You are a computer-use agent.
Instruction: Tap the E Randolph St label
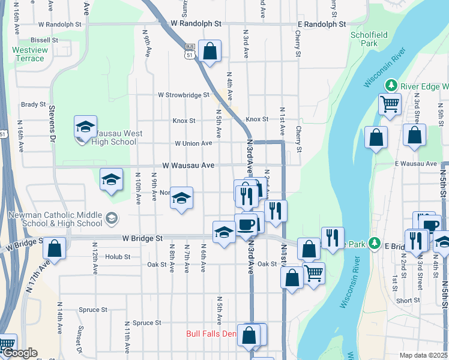click(x=322, y=25)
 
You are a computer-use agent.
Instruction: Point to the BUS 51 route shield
click(x=190, y=50)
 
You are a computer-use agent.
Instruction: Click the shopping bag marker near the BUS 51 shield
click(x=210, y=52)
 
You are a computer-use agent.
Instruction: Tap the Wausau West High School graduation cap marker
click(x=85, y=127)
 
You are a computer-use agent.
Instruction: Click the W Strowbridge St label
click(x=184, y=95)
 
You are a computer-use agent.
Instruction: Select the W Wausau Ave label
click(x=188, y=165)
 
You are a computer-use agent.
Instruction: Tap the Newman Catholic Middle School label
click(x=55, y=219)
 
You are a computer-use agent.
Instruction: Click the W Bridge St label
click(x=142, y=238)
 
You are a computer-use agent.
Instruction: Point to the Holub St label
click(x=118, y=257)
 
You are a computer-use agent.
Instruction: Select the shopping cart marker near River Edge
click(x=390, y=104)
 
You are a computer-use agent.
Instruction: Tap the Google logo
click(x=19, y=353)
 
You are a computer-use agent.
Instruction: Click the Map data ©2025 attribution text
click(x=424, y=355)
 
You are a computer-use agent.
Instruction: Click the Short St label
click(x=408, y=301)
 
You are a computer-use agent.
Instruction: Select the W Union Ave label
click(x=193, y=143)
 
